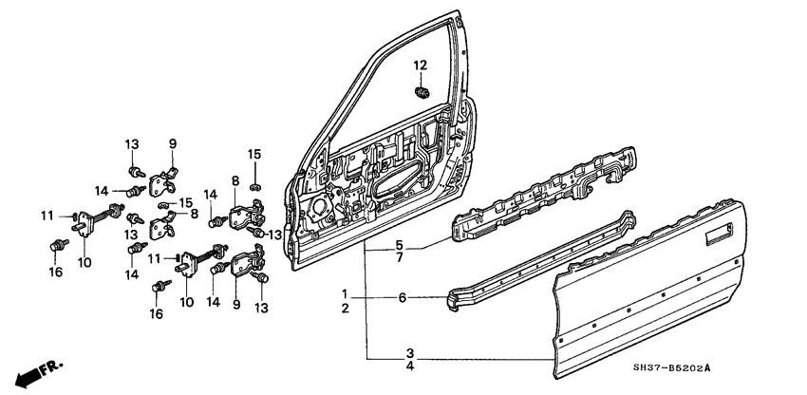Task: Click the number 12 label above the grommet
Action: [421, 65]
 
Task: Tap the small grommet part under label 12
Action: [422, 91]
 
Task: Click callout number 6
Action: [402, 298]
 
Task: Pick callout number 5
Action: [402, 243]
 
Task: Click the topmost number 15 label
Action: [253, 154]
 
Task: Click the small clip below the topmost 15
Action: [254, 178]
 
